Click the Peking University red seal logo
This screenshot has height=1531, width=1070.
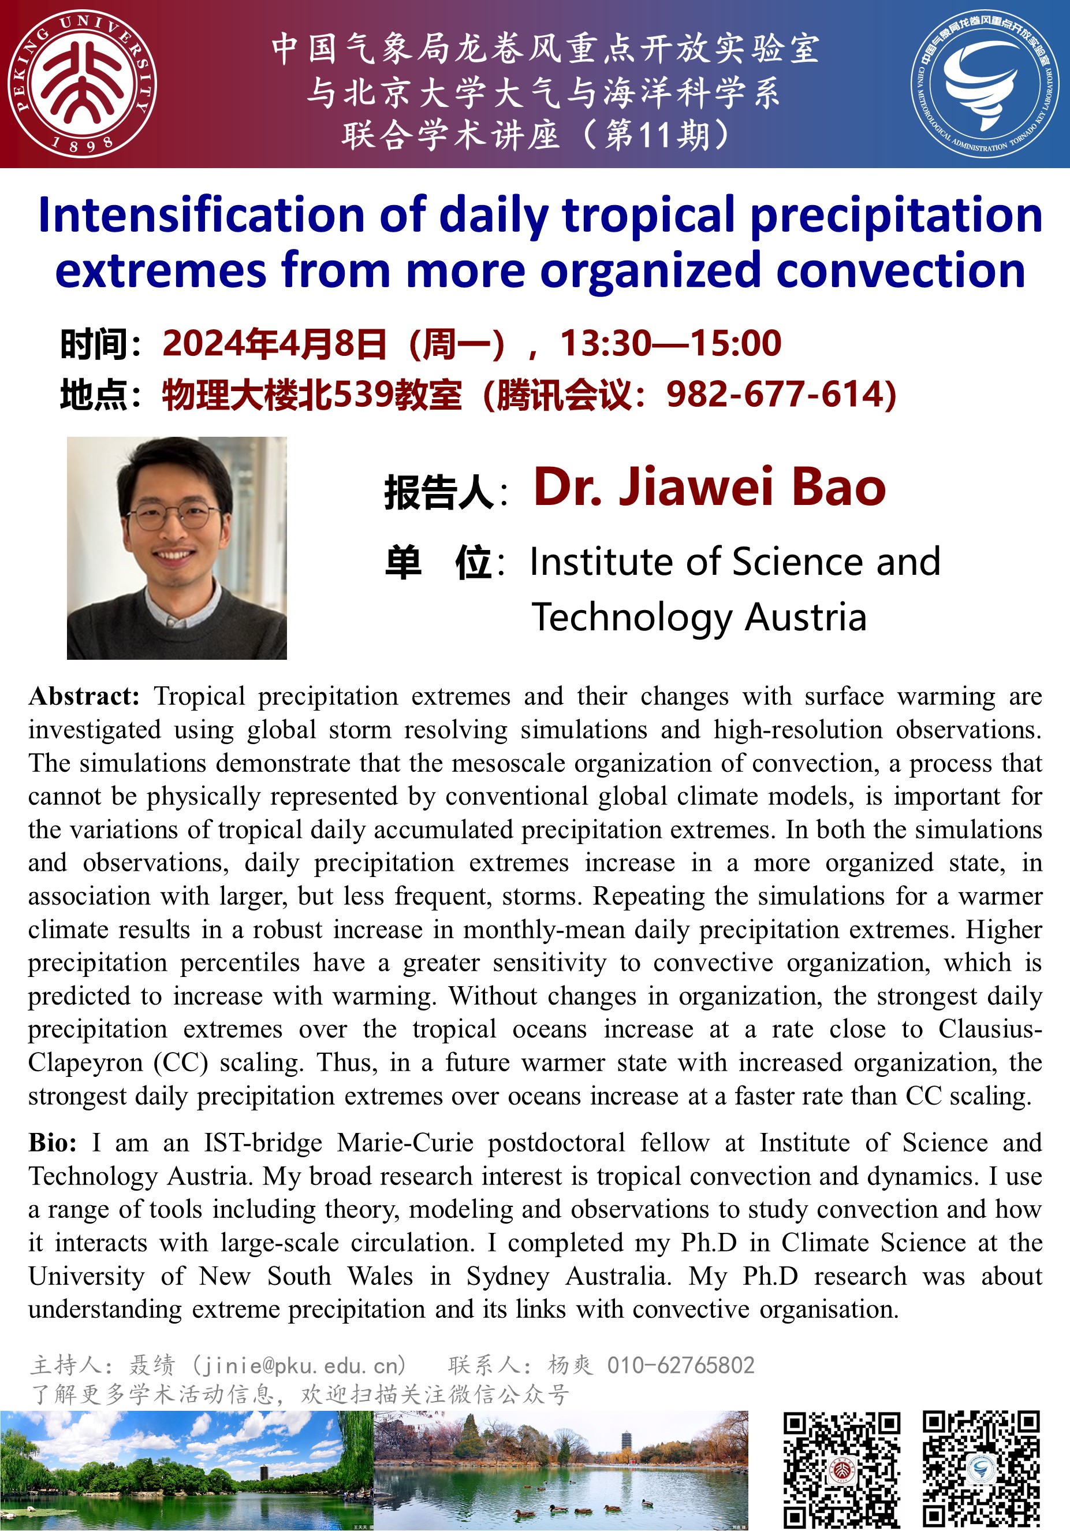(x=83, y=84)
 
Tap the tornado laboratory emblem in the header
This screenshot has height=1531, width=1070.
(x=985, y=84)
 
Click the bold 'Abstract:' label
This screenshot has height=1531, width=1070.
(x=84, y=697)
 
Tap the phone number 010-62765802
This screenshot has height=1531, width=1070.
(x=681, y=1366)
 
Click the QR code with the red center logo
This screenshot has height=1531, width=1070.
(x=841, y=1469)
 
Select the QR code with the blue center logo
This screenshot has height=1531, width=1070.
(x=981, y=1469)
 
